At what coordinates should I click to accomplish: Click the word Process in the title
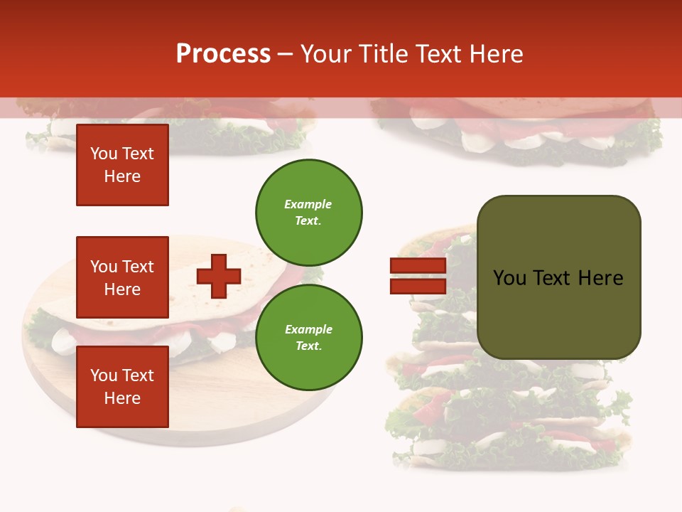pos(223,54)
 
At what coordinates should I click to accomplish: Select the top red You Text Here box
pos(122,165)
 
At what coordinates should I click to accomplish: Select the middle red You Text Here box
pos(122,277)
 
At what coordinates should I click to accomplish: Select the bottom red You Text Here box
pos(122,386)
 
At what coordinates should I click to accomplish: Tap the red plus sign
pos(219,276)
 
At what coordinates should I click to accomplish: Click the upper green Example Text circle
pos(308,212)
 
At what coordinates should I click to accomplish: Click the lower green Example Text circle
pos(308,337)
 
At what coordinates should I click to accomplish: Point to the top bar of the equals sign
pos(418,266)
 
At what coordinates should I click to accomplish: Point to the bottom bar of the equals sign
pos(418,286)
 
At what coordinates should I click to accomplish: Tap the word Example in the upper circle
pos(308,204)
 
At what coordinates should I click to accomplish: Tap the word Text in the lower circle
pos(308,346)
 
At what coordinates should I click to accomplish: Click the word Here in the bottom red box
pos(122,398)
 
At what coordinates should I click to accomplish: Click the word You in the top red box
pos(104,154)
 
